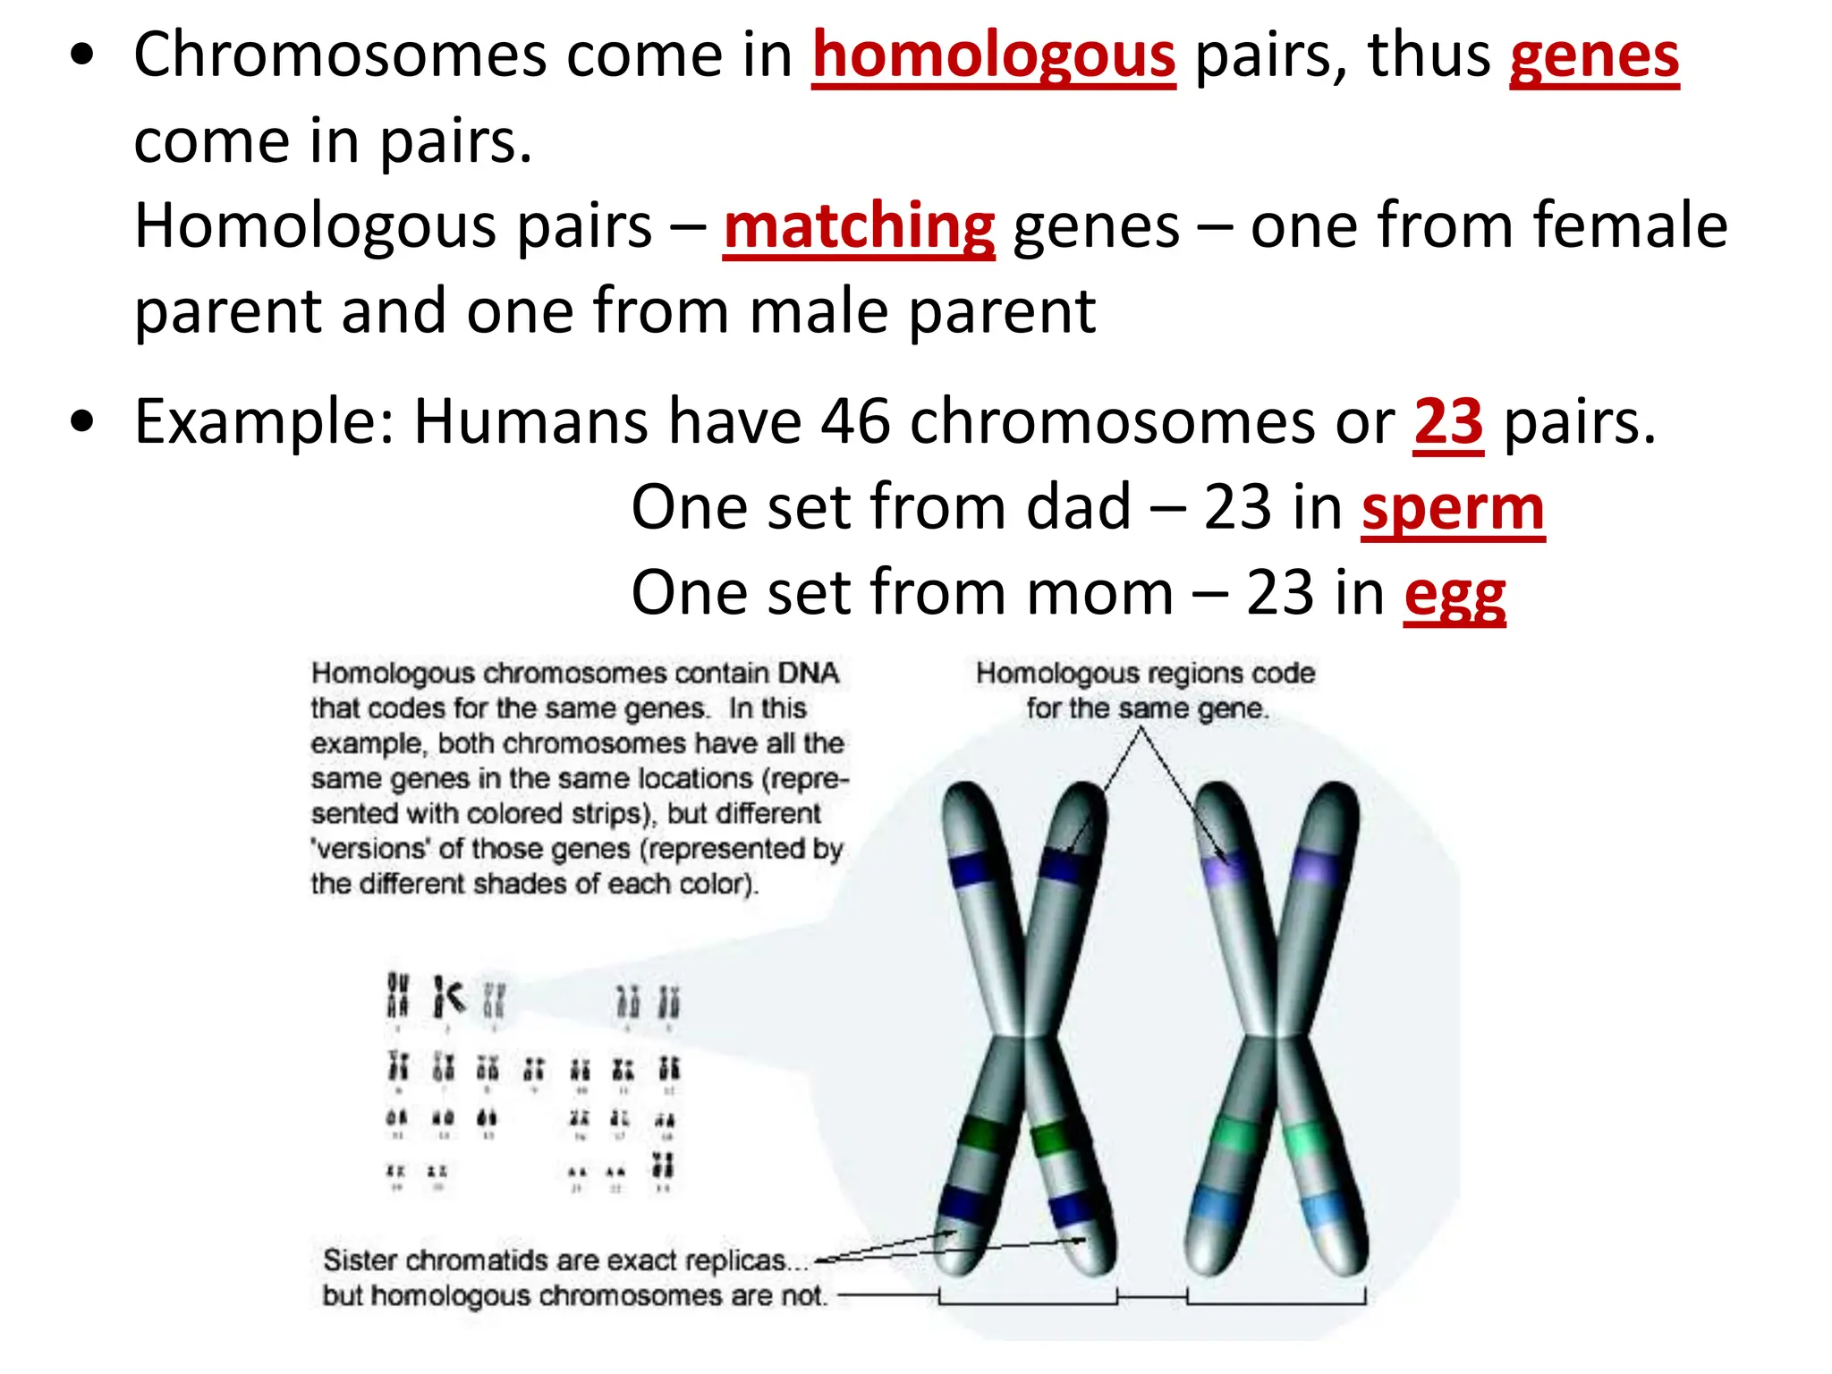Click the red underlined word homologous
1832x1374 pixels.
pyautogui.click(x=993, y=55)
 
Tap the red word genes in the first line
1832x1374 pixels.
pyautogui.click(x=1594, y=55)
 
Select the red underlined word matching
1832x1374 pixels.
pyautogui.click(x=859, y=225)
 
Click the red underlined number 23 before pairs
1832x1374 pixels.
pyautogui.click(x=1448, y=421)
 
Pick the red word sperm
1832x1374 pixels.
pyautogui.click(x=1453, y=507)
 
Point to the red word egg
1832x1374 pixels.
pyautogui.click(x=1455, y=594)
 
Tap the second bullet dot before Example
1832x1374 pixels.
pyautogui.click(x=82, y=422)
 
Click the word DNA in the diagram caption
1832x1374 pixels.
pyautogui.click(x=808, y=674)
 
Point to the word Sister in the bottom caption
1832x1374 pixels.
pyautogui.click(x=360, y=1260)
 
